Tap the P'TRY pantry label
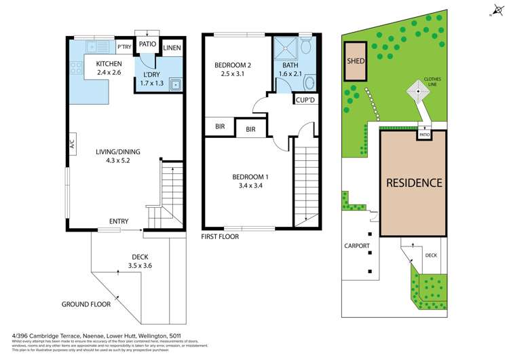tap(124, 47)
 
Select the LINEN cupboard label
tap(172, 47)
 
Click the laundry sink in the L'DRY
tap(175, 85)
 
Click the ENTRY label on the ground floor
tap(119, 221)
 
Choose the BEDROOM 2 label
tap(233, 65)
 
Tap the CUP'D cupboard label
tap(304, 100)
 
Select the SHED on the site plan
tap(356, 60)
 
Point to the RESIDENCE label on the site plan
tap(414, 183)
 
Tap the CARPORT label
tap(356, 246)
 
